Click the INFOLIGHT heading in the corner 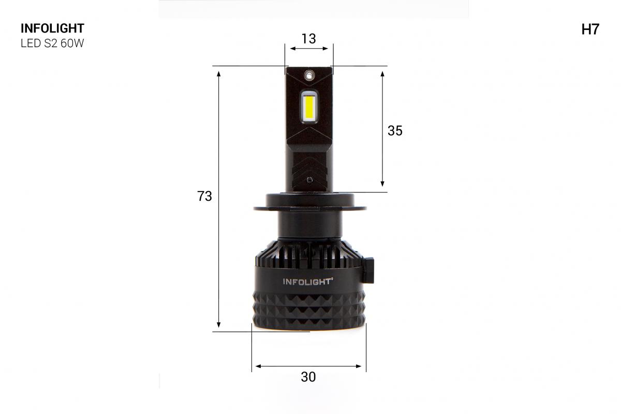[52, 29]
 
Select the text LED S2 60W [52, 44]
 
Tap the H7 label [590, 29]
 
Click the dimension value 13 [308, 38]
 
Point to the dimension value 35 [395, 131]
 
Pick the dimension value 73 [205, 196]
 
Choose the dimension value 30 [308, 377]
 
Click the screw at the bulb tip [309, 75]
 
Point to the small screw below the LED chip [309, 180]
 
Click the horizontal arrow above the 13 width [309, 49]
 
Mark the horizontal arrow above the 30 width [308, 366]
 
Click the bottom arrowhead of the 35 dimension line [382, 183]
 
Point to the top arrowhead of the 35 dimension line [382, 74]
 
